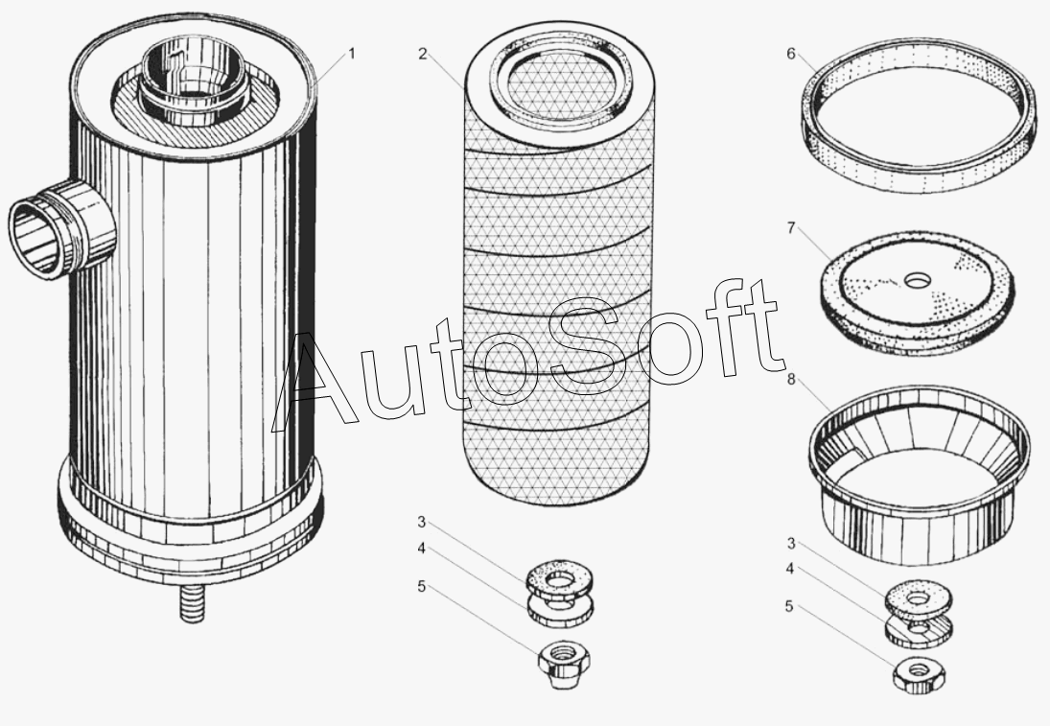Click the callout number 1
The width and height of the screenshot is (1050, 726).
click(x=351, y=54)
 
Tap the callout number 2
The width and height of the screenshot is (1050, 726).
click(x=422, y=54)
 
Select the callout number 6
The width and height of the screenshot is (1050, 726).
click(x=791, y=54)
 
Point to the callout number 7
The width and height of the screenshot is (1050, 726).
click(x=791, y=228)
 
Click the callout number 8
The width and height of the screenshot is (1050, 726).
click(x=791, y=380)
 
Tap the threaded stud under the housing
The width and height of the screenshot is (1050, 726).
click(x=192, y=603)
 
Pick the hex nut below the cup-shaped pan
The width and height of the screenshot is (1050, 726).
click(x=920, y=675)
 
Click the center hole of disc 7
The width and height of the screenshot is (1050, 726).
click(x=915, y=281)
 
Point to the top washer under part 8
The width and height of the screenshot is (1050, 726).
click(x=918, y=597)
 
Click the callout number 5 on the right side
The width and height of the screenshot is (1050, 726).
click(x=789, y=607)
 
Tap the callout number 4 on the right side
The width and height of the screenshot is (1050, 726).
click(x=790, y=569)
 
